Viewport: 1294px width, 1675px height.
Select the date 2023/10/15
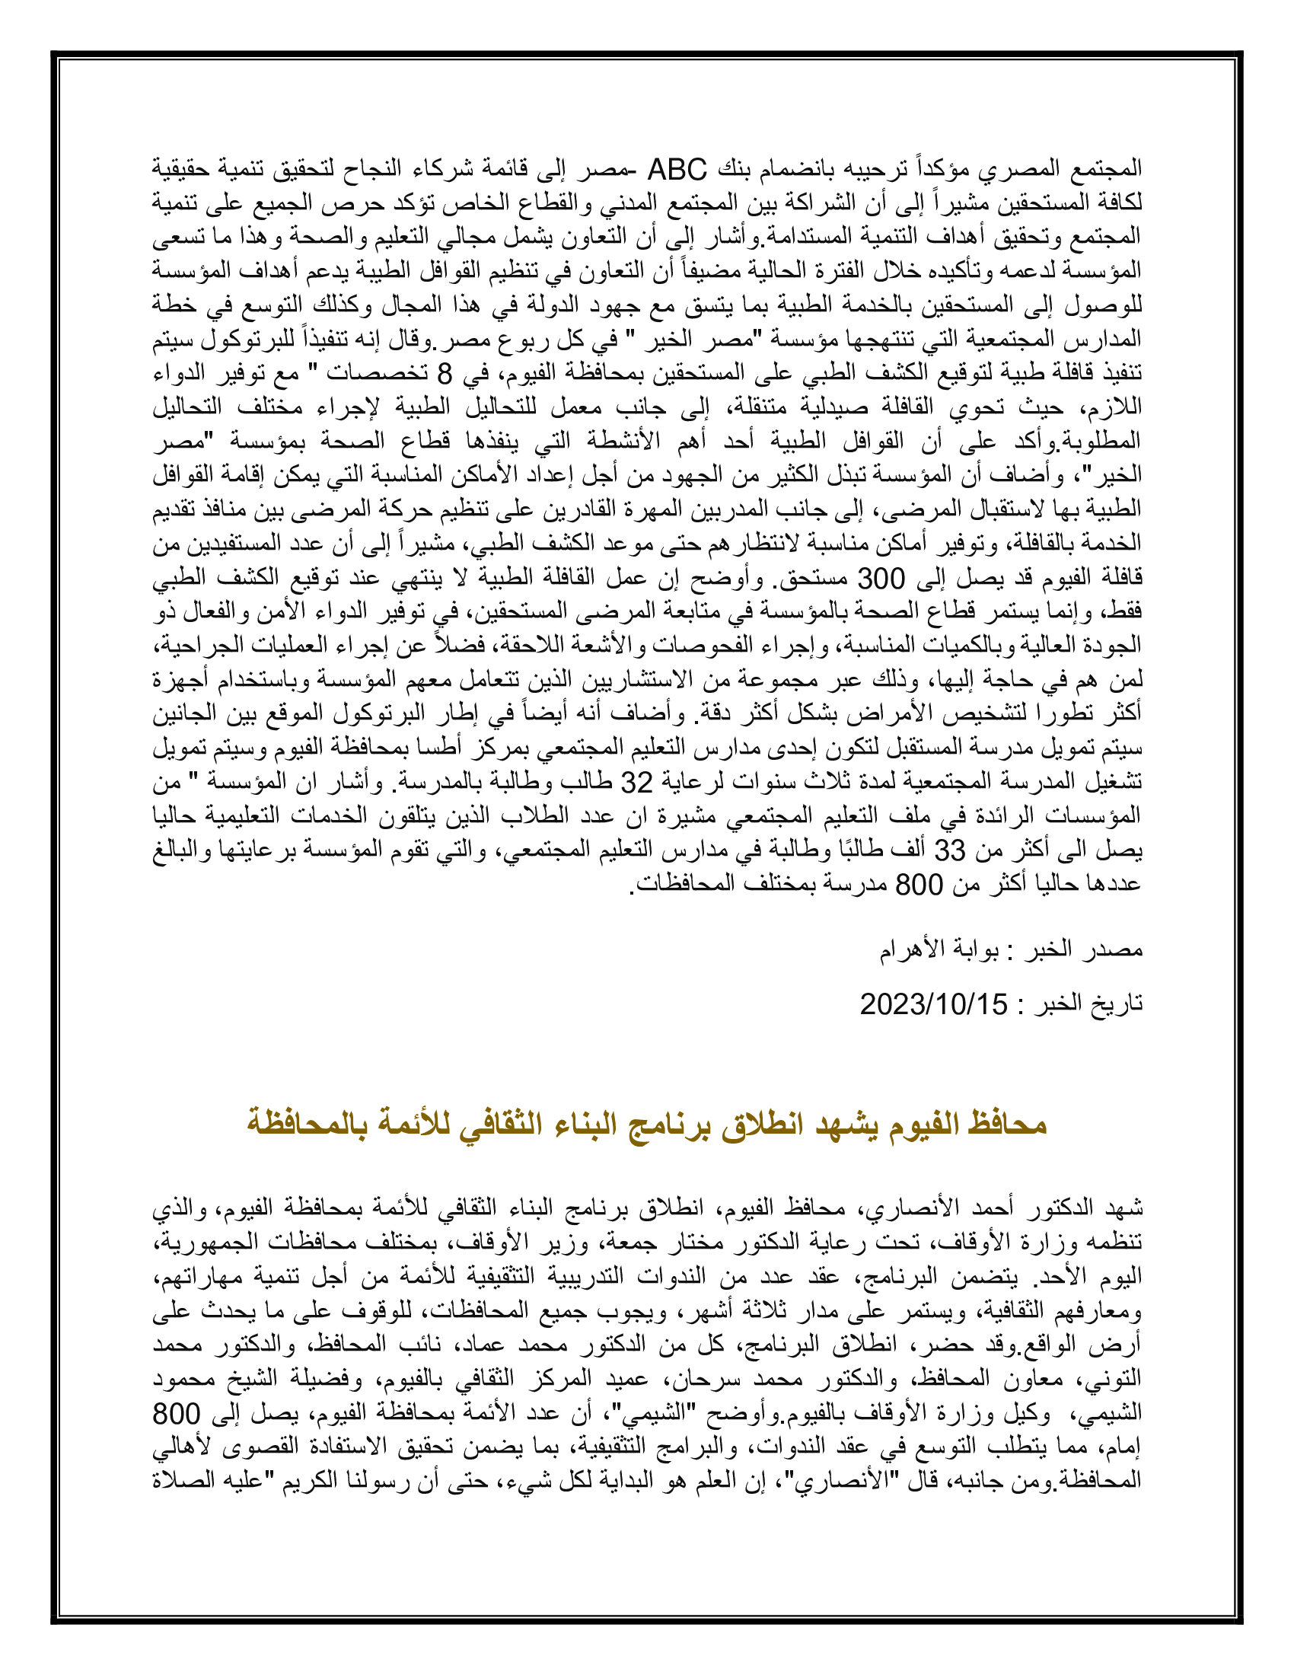click(x=933, y=1004)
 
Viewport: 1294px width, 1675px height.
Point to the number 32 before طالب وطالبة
click(x=636, y=782)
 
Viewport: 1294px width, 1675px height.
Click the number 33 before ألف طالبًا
click(x=949, y=850)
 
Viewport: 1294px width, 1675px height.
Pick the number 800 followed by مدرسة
click(x=920, y=884)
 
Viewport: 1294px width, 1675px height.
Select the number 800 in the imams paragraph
click(x=176, y=1412)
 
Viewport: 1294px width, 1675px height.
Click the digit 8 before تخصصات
click(x=444, y=374)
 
